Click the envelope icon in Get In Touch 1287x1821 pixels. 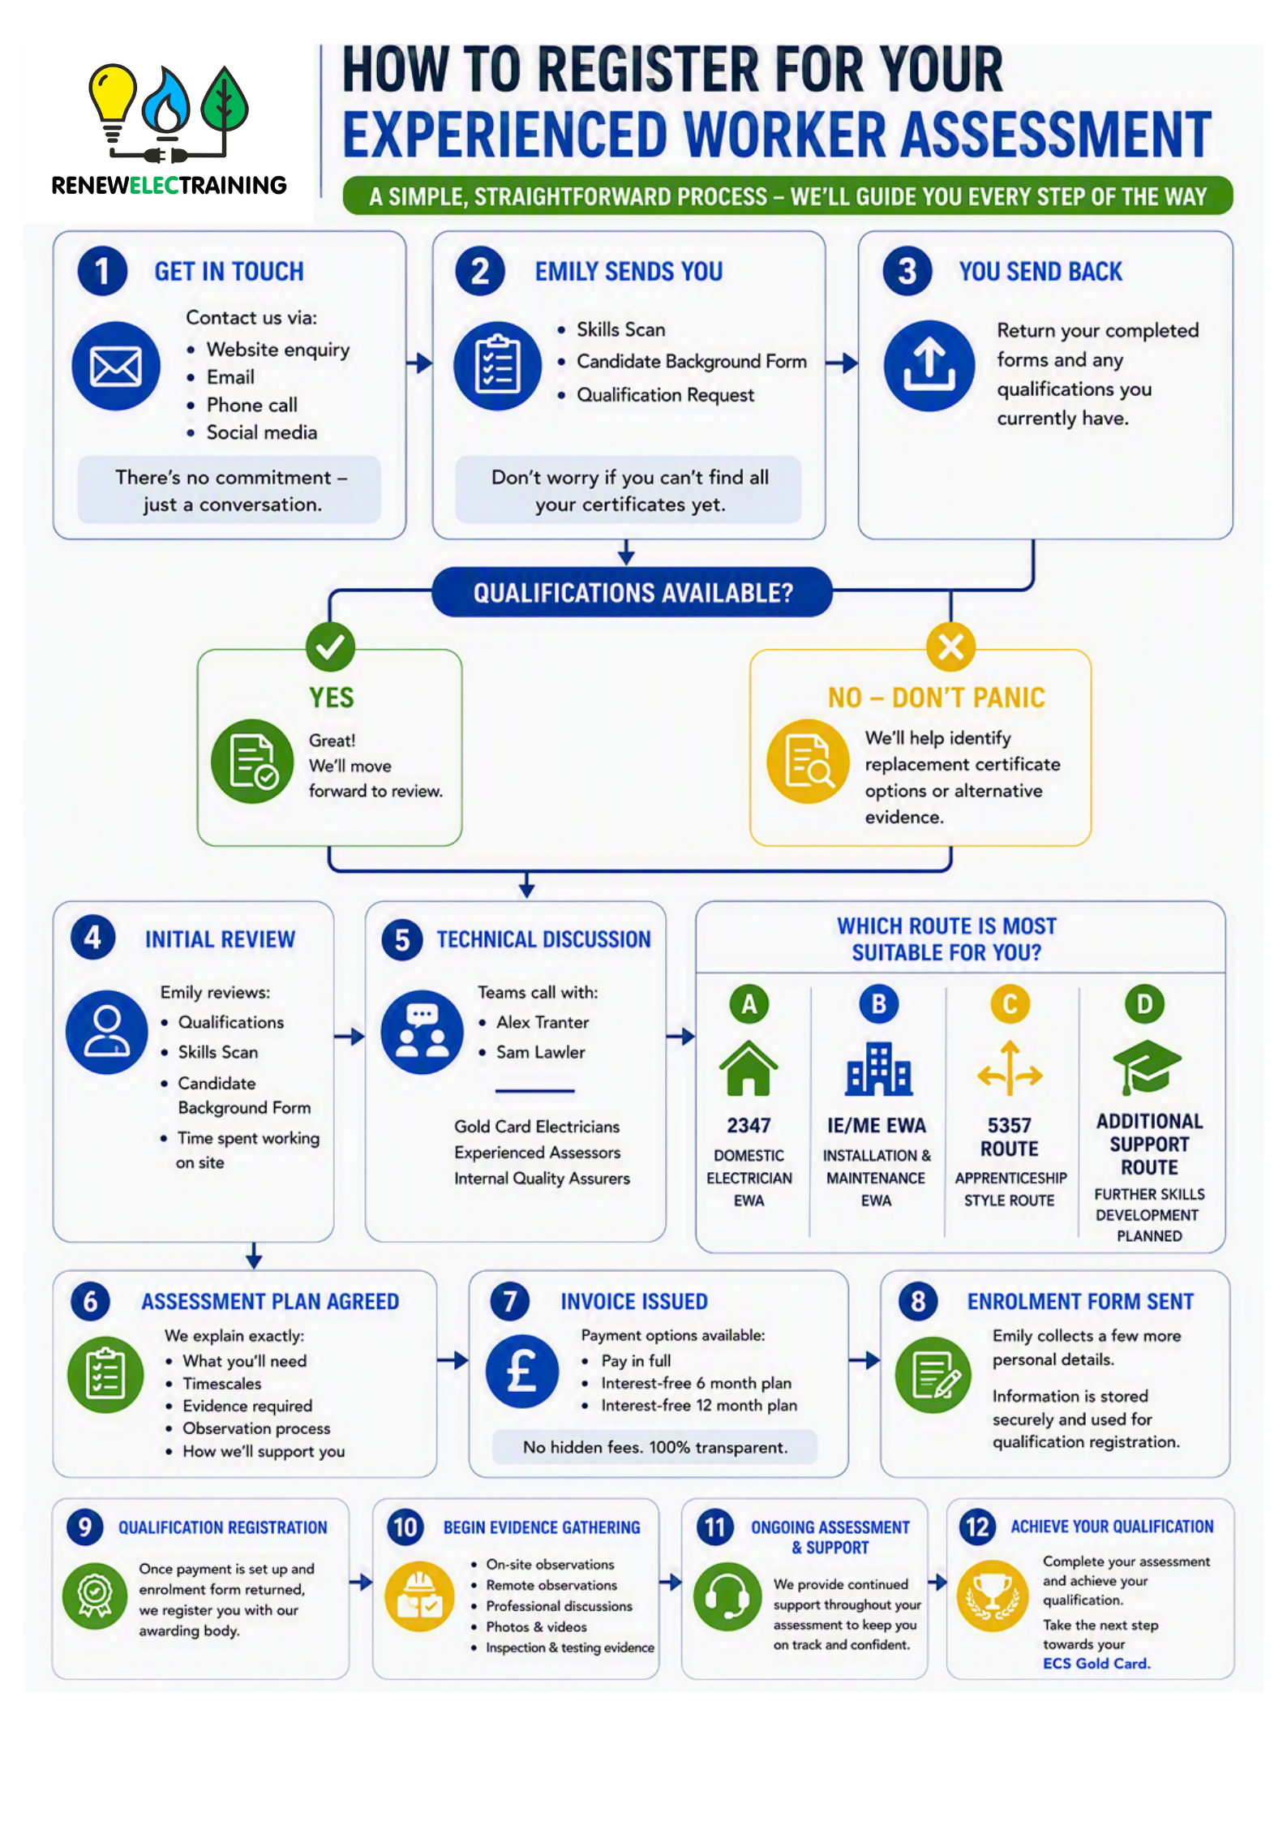(x=116, y=366)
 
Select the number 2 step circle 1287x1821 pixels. (x=480, y=271)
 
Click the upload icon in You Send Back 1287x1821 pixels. (x=929, y=366)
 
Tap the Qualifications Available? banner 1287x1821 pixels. (x=633, y=592)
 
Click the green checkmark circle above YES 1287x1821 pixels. (x=330, y=646)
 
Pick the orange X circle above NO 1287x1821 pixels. (x=950, y=646)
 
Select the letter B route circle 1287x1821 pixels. (x=878, y=1004)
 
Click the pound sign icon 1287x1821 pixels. (x=522, y=1372)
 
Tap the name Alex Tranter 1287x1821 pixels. (x=543, y=1022)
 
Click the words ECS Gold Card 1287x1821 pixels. (x=1096, y=1663)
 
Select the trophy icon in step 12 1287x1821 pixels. (x=993, y=1596)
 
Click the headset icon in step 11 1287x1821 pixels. (x=728, y=1596)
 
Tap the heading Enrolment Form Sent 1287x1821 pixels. (x=1080, y=1301)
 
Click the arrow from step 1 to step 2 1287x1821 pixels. (x=419, y=363)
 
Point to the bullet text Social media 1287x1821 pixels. (x=262, y=432)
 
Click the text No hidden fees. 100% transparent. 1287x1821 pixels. (x=655, y=1447)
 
